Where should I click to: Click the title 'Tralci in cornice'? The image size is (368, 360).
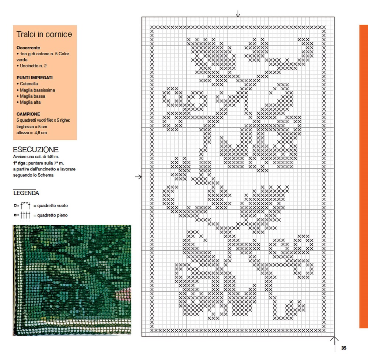coord(44,34)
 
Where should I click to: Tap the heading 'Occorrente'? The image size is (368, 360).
coord(28,48)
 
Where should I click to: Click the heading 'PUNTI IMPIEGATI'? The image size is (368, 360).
coord(35,78)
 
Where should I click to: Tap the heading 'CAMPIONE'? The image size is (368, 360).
coord(28,114)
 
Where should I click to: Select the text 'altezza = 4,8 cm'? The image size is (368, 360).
coord(32,133)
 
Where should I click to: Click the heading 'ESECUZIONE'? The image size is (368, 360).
coord(36,150)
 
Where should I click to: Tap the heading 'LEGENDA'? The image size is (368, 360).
coord(26,193)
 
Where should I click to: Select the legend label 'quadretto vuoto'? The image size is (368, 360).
coord(52,205)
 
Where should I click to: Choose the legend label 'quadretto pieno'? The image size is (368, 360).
coord(52,215)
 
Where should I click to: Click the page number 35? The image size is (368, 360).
coord(344,348)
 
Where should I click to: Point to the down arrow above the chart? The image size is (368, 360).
coord(238,14)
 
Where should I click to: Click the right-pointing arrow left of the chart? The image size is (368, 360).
coord(139,177)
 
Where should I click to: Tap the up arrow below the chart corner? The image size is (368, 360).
coord(334,340)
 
